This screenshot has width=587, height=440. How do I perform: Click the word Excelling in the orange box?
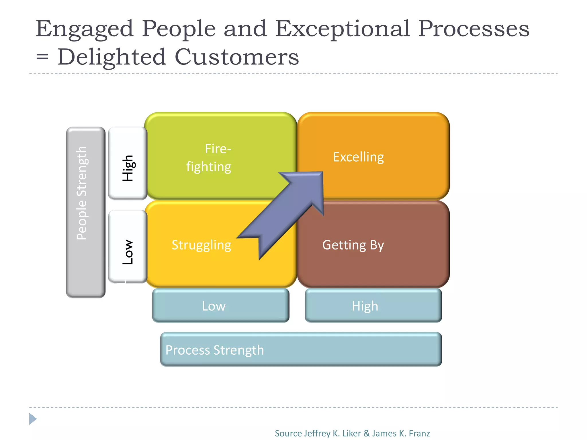coord(358,157)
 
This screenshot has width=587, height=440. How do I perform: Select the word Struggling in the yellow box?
coord(201,245)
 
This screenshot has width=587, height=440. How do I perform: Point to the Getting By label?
coord(353,245)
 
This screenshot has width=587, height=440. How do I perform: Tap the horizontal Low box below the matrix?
coord(221,306)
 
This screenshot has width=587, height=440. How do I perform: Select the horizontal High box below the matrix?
coord(373,306)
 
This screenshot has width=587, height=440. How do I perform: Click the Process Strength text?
coord(215,350)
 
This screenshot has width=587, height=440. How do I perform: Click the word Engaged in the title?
coord(85,29)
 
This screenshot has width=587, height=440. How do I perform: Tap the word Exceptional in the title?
coord(343,29)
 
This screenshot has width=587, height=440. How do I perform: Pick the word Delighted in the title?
coord(112,57)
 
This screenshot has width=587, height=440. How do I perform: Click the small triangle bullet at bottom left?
coord(33,419)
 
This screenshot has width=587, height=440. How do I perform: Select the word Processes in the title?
coord(473,29)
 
